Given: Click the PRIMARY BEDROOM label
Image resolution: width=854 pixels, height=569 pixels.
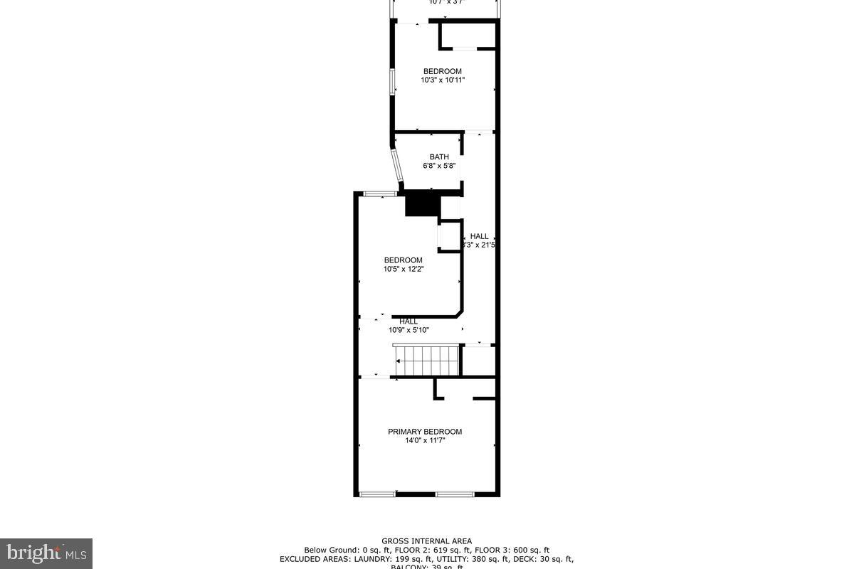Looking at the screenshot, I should pyautogui.click(x=425, y=432).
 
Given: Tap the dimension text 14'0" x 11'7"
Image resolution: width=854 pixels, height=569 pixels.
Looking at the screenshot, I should pyautogui.click(x=425, y=441).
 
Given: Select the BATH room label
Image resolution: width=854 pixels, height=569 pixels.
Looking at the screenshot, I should pyautogui.click(x=439, y=157).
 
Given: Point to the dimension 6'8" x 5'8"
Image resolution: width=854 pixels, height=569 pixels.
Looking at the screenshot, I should pyautogui.click(x=439, y=166).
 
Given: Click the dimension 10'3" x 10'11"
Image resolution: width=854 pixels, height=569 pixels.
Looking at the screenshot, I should pyautogui.click(x=443, y=80).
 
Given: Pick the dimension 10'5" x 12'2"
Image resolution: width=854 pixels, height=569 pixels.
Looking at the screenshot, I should pyautogui.click(x=404, y=269).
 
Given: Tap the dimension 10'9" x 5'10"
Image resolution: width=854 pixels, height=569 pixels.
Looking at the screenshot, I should pyautogui.click(x=408, y=330).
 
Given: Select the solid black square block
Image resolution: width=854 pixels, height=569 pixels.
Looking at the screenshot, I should pyautogui.click(x=423, y=205).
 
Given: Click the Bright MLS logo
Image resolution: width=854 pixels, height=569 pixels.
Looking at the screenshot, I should pyautogui.click(x=46, y=553).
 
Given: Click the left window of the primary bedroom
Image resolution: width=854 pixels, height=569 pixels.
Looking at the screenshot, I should pyautogui.click(x=377, y=494).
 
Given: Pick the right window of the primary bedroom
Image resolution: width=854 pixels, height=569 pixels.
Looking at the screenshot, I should pyautogui.click(x=455, y=494).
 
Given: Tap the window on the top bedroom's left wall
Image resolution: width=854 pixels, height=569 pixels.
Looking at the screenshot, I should pyautogui.click(x=391, y=81).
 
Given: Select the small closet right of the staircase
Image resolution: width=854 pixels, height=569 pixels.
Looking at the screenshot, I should pyautogui.click(x=478, y=361).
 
